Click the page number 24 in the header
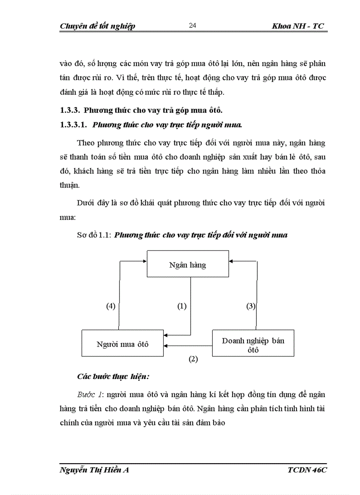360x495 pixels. point(192,26)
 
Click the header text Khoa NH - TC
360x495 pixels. point(298,26)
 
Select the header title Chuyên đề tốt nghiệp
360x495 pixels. point(97,26)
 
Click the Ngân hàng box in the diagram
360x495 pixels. point(187,265)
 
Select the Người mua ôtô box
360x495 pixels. point(123,343)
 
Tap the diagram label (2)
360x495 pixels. point(193,359)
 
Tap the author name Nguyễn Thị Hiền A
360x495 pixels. point(94,470)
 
